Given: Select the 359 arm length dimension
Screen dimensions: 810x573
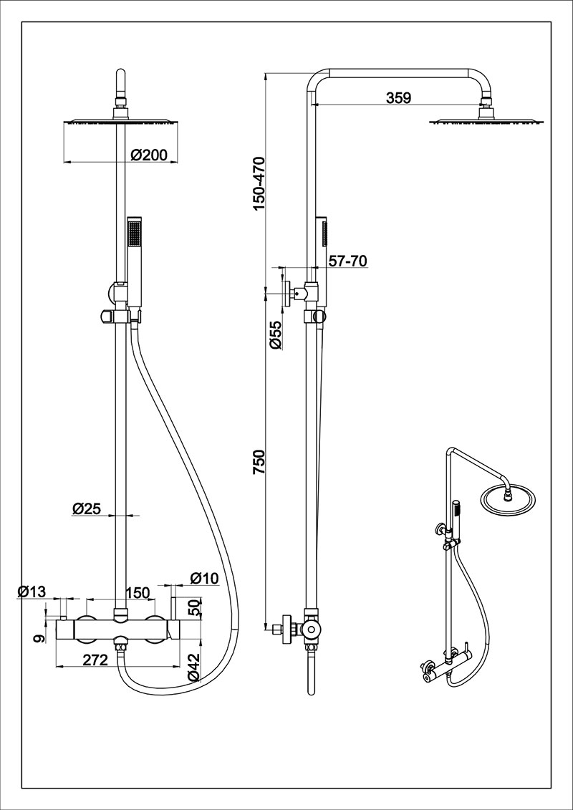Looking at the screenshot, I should click(398, 98).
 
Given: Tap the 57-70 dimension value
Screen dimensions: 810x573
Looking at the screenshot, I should click(347, 261).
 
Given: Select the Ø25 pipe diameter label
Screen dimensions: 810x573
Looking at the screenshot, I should click(86, 508).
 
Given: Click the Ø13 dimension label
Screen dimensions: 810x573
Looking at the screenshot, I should click(32, 592).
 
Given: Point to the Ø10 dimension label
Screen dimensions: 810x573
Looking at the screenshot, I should click(203, 577).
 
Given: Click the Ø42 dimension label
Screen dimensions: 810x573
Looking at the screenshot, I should click(193, 666).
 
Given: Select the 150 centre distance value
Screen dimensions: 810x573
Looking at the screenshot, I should click(137, 592).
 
